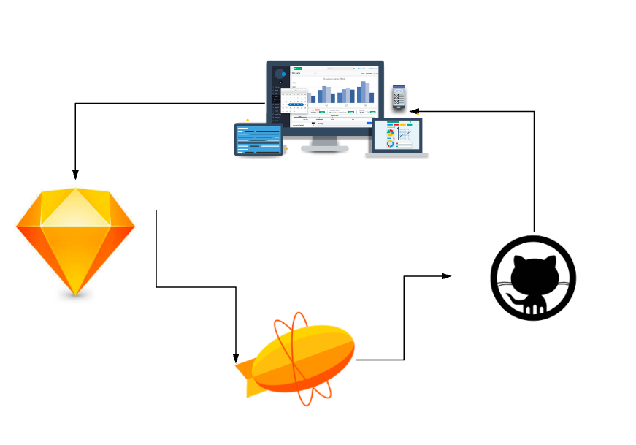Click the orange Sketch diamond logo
75,241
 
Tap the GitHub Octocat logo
534,278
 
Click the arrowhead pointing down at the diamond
75,175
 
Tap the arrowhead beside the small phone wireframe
415,111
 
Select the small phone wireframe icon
398,97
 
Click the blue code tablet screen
258,140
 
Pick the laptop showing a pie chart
397,136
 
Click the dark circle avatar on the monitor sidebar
280,74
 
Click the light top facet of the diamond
75,208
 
